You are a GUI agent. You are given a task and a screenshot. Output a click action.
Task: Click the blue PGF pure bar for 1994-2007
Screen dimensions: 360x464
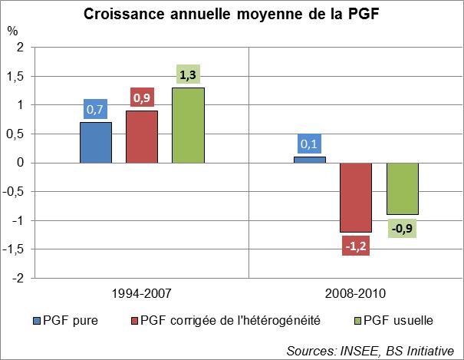click(95, 143)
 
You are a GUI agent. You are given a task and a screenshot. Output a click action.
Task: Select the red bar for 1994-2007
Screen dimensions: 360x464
click(142, 137)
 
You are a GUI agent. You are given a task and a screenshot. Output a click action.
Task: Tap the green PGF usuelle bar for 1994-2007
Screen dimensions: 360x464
click(188, 125)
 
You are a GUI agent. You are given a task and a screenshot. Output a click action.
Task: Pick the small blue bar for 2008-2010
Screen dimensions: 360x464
click(309, 160)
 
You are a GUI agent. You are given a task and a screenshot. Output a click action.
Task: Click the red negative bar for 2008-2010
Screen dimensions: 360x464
click(356, 197)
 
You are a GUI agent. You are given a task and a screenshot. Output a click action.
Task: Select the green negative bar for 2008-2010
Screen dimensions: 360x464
click(403, 189)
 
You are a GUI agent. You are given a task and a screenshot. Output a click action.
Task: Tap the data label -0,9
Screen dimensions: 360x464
click(403, 227)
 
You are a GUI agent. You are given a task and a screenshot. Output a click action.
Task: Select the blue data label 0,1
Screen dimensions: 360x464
click(309, 144)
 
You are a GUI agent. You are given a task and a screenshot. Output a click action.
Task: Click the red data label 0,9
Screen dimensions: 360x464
click(142, 98)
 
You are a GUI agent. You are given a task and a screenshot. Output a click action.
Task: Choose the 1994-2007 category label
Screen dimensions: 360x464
click(142, 293)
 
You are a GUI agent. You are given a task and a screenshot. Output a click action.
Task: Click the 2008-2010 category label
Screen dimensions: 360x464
click(356, 293)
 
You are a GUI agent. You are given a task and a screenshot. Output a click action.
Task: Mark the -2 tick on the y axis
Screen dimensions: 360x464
click(20, 278)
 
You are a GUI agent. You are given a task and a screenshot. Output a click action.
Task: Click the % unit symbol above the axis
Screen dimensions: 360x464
click(12, 31)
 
